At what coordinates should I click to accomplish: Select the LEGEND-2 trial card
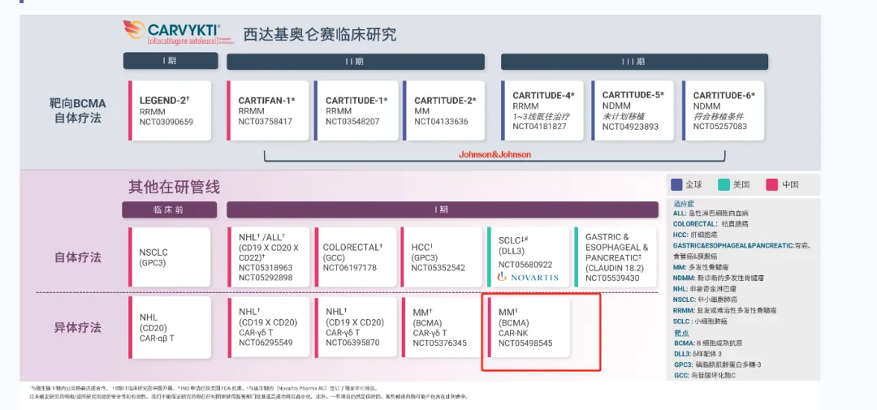pos(170,110)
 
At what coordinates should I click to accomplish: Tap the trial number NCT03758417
pos(265,122)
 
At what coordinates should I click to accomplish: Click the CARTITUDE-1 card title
pos(356,101)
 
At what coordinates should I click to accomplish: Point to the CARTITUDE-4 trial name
pos(543,96)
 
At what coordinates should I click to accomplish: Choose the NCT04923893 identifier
pos(630,127)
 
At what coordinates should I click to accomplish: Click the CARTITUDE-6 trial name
pos(724,96)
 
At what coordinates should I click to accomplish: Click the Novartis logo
pos(529,277)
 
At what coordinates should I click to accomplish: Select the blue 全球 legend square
pos(676,184)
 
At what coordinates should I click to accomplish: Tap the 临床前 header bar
pos(169,209)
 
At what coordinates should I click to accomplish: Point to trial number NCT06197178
pos(349,268)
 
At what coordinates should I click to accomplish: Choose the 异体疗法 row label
pos(77,328)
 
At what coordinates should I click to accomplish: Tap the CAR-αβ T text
pos(162,338)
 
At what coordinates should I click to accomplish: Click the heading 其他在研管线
pos(174,187)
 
